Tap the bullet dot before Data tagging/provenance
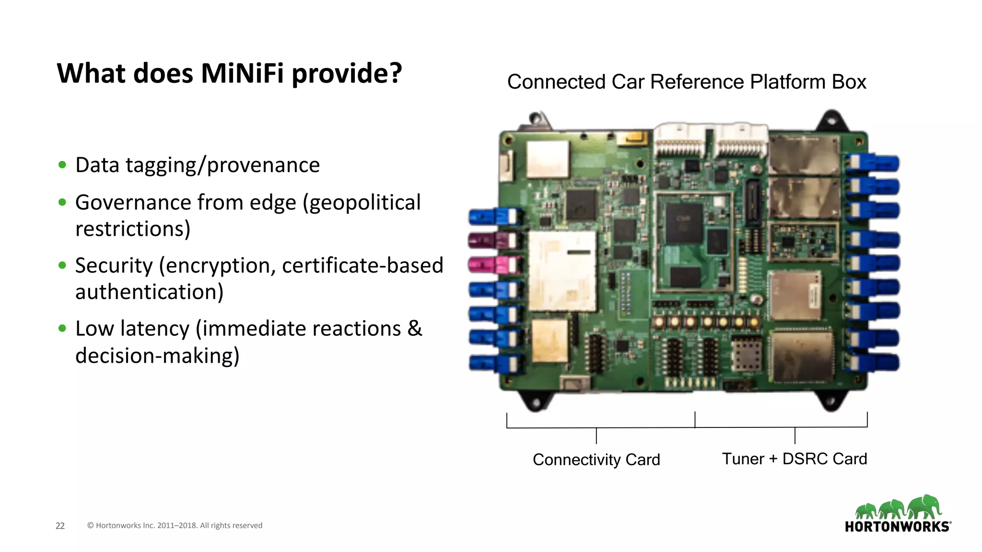(x=62, y=165)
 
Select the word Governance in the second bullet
(x=133, y=202)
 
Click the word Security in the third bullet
(x=114, y=265)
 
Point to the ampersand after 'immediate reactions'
(x=415, y=328)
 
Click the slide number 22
(x=60, y=526)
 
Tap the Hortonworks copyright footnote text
(x=175, y=526)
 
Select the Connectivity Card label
(x=596, y=460)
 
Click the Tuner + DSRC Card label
(x=795, y=459)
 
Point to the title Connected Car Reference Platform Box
(x=687, y=82)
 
